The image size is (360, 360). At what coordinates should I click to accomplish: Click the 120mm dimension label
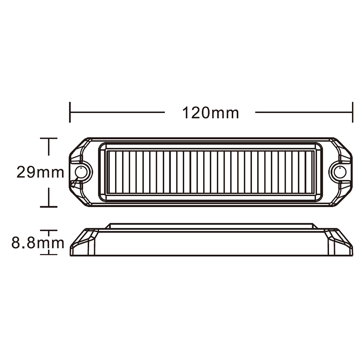pos(210,113)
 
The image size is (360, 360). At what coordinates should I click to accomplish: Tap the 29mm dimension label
pos(40,172)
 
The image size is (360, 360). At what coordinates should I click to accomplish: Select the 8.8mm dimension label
pos(38,243)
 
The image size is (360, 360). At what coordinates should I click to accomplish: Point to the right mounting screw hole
pos(339,172)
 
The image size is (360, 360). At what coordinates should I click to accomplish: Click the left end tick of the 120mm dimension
pos(70,112)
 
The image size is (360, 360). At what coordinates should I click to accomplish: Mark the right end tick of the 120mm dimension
pos(352,112)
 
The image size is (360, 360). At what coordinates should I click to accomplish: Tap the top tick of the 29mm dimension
pos(49,138)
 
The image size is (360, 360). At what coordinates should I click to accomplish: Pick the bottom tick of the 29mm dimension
pos(49,207)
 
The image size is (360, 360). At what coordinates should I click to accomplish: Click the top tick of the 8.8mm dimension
pos(49,231)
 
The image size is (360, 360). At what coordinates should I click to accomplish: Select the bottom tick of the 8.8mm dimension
pos(49,254)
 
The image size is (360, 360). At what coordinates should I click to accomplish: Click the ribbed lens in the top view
pos(210,172)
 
